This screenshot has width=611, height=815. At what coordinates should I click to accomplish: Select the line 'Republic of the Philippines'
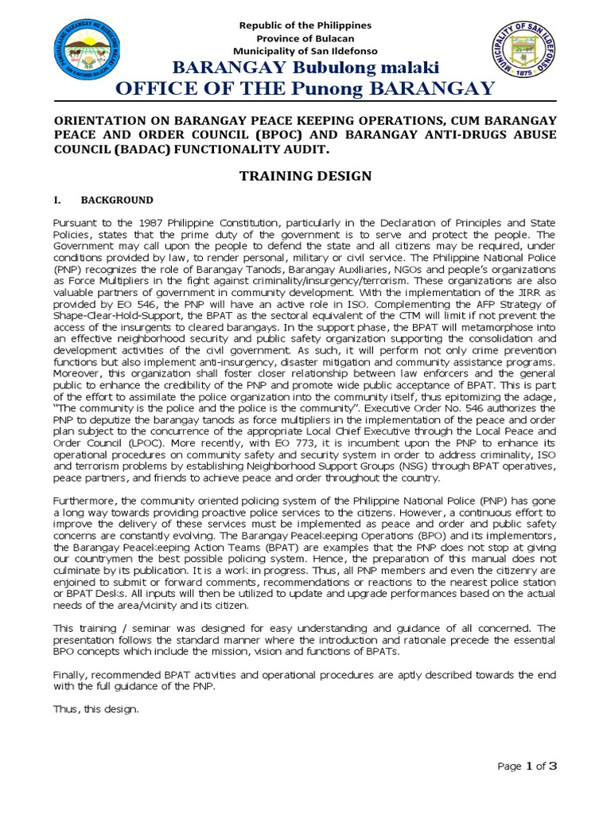pos(305,25)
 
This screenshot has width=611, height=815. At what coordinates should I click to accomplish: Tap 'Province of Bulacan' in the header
pos(305,39)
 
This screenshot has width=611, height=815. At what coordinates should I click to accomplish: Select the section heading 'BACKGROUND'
pos(122,200)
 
